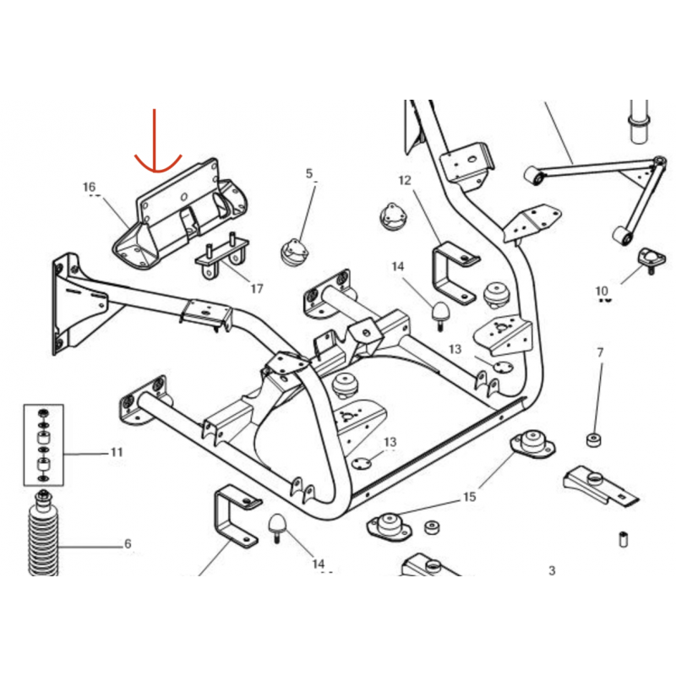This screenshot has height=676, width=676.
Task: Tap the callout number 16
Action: (x=90, y=187)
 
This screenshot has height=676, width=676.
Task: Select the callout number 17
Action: (x=257, y=288)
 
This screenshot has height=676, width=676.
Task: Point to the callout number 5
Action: (x=309, y=174)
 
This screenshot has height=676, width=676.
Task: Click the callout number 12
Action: (x=404, y=180)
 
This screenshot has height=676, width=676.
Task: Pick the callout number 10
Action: (x=602, y=292)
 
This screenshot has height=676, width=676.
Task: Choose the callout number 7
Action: (x=600, y=352)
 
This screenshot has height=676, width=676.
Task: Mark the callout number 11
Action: (x=117, y=452)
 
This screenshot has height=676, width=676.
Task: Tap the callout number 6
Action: (x=128, y=543)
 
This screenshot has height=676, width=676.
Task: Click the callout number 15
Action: (x=469, y=498)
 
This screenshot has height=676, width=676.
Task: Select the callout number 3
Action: (x=552, y=571)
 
